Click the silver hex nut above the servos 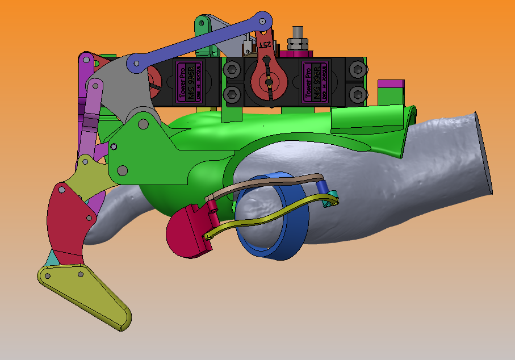297,43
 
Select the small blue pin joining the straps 322,187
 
